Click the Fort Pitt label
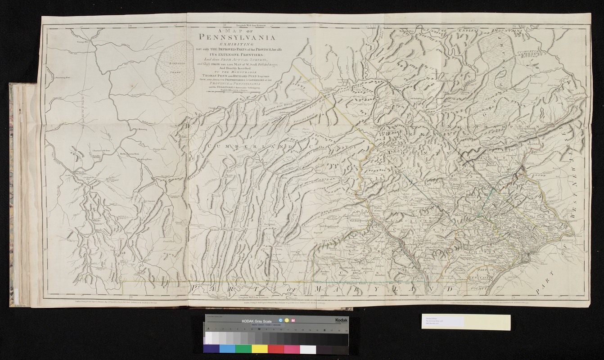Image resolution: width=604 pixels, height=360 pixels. (x=80, y=171)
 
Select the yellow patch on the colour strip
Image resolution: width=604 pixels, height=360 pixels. (x=259, y=349)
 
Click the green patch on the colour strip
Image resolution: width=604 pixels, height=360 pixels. (x=243, y=349)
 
